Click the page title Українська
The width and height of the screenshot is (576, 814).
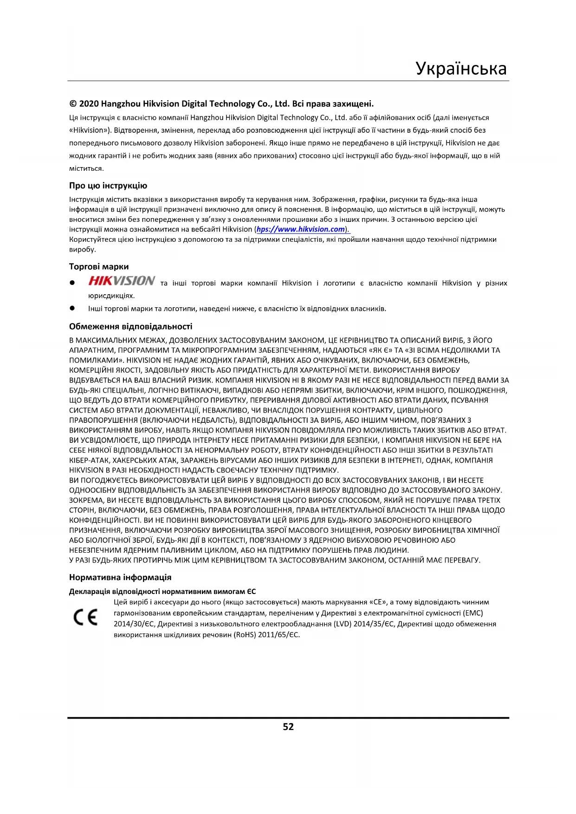461,68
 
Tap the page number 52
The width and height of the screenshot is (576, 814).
288,727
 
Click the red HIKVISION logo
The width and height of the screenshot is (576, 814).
122,281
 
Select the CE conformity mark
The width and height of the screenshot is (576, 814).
86,617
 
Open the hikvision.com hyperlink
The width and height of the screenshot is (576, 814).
301,229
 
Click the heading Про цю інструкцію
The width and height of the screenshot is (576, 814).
108,186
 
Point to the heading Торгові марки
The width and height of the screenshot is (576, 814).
99,267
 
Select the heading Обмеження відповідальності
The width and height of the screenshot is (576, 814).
130,326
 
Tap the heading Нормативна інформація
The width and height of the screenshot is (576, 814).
120,577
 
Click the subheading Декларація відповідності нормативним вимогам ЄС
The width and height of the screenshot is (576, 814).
162,591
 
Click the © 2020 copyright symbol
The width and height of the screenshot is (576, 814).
73,104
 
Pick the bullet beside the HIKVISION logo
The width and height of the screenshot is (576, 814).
72,283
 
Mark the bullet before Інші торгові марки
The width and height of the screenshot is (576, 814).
72,308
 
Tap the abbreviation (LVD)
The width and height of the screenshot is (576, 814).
342,624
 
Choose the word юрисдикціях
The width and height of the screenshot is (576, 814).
111,296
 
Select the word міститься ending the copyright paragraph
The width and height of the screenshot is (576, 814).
86,168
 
